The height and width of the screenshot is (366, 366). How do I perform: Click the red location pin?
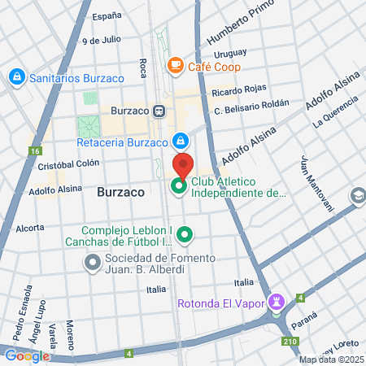point(183,165)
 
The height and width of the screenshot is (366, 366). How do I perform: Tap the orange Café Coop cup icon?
point(175,64)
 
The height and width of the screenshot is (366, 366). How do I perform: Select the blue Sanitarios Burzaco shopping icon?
point(15,77)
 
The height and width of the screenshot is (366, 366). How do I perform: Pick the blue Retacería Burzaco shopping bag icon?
point(180,140)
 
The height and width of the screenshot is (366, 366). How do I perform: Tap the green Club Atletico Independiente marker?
point(179,188)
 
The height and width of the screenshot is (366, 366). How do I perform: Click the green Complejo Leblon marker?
point(185,236)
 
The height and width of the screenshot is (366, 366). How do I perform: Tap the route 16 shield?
point(34,150)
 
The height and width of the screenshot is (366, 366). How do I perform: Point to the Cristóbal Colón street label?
point(68,163)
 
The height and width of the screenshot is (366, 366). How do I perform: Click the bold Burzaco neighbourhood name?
point(120,193)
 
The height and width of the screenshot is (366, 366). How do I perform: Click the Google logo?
point(26,355)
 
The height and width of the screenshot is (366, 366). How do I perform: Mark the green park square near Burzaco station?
point(88,127)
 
